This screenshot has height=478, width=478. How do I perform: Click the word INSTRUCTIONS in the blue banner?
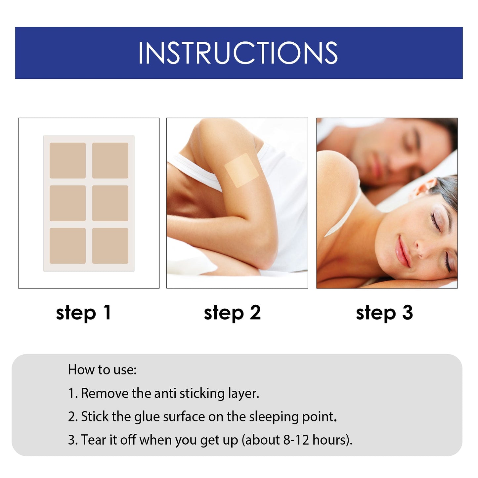point(238,53)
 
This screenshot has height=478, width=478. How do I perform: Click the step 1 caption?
point(83,313)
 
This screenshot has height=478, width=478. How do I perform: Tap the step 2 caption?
point(232,313)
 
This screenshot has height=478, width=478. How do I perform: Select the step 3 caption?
point(384,313)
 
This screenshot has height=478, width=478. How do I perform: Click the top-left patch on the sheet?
point(67,160)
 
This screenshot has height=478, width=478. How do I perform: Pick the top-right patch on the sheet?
point(110,160)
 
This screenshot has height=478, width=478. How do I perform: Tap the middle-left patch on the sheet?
point(67,203)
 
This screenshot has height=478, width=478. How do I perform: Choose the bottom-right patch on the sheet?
point(110,246)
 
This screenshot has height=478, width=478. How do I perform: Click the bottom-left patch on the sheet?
point(67,246)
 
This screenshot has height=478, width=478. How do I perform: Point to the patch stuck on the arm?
point(241,170)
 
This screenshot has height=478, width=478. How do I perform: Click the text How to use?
point(102,369)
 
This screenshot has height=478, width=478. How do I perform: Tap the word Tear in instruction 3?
point(94,440)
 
